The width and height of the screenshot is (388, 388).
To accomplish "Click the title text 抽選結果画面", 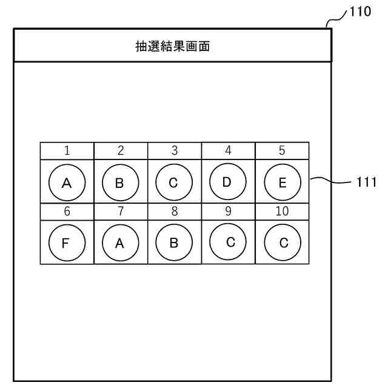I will [173, 46].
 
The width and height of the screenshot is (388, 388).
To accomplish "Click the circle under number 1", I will [67, 182].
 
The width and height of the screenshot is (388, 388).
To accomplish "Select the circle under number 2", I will [120, 182].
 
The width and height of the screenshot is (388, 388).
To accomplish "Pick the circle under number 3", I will [173, 182].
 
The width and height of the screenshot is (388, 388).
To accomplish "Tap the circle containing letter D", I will [227, 181].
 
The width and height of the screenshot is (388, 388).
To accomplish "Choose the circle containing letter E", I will [282, 182].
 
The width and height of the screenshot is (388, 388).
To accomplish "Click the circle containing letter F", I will [67, 242].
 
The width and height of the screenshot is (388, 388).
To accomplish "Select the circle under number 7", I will [120, 242].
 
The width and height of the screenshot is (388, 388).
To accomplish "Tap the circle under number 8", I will [173, 242].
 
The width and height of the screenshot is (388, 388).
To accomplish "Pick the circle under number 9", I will [227, 241].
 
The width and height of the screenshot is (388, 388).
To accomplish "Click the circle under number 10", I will [282, 242].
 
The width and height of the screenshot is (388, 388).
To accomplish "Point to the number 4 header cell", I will [228, 150].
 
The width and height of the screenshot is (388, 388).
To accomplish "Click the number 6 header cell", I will [67, 212].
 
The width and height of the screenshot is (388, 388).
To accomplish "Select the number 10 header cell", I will [282, 212].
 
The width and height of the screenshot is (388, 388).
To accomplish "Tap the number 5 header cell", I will [282, 150].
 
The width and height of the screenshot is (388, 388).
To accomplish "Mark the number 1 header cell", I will [67, 150].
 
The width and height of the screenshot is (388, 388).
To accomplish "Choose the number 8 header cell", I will [174, 212].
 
